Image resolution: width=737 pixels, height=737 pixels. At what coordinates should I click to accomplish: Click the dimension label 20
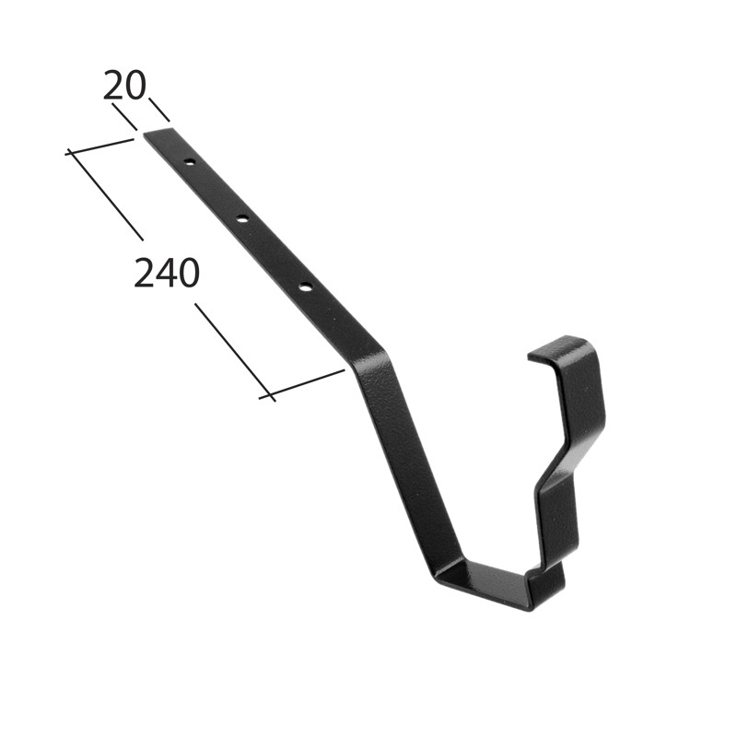(124, 87)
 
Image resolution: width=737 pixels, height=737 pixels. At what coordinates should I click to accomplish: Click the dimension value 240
(167, 274)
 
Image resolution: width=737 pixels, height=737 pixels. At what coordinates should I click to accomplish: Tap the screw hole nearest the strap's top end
(189, 162)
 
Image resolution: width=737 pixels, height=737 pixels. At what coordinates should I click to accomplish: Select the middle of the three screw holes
(242, 219)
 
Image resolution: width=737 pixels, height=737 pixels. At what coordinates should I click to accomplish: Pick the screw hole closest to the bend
(305, 288)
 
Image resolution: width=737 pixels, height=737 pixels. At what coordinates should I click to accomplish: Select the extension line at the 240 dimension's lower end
(301, 385)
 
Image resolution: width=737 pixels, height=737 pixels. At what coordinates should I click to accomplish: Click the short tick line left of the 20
(124, 117)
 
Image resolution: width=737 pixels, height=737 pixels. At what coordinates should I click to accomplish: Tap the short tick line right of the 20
(159, 110)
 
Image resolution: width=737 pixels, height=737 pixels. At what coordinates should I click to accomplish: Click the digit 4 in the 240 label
(167, 274)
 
